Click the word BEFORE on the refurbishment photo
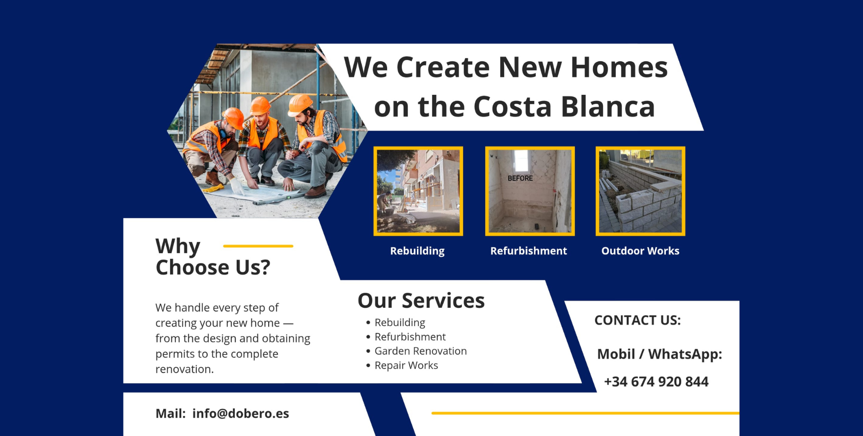click(520, 178)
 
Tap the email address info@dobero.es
click(241, 413)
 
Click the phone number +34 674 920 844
click(656, 381)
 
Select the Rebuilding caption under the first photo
click(417, 251)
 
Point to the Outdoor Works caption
click(640, 251)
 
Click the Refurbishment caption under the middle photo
click(529, 251)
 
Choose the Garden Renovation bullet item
click(421, 351)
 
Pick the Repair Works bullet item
click(406, 365)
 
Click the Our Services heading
click(421, 300)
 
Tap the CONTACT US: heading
click(638, 320)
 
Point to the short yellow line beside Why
click(258, 246)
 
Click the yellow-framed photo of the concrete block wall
click(640, 191)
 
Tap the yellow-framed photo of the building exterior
click(418, 191)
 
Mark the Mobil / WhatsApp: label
click(659, 354)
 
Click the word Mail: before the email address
click(171, 413)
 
